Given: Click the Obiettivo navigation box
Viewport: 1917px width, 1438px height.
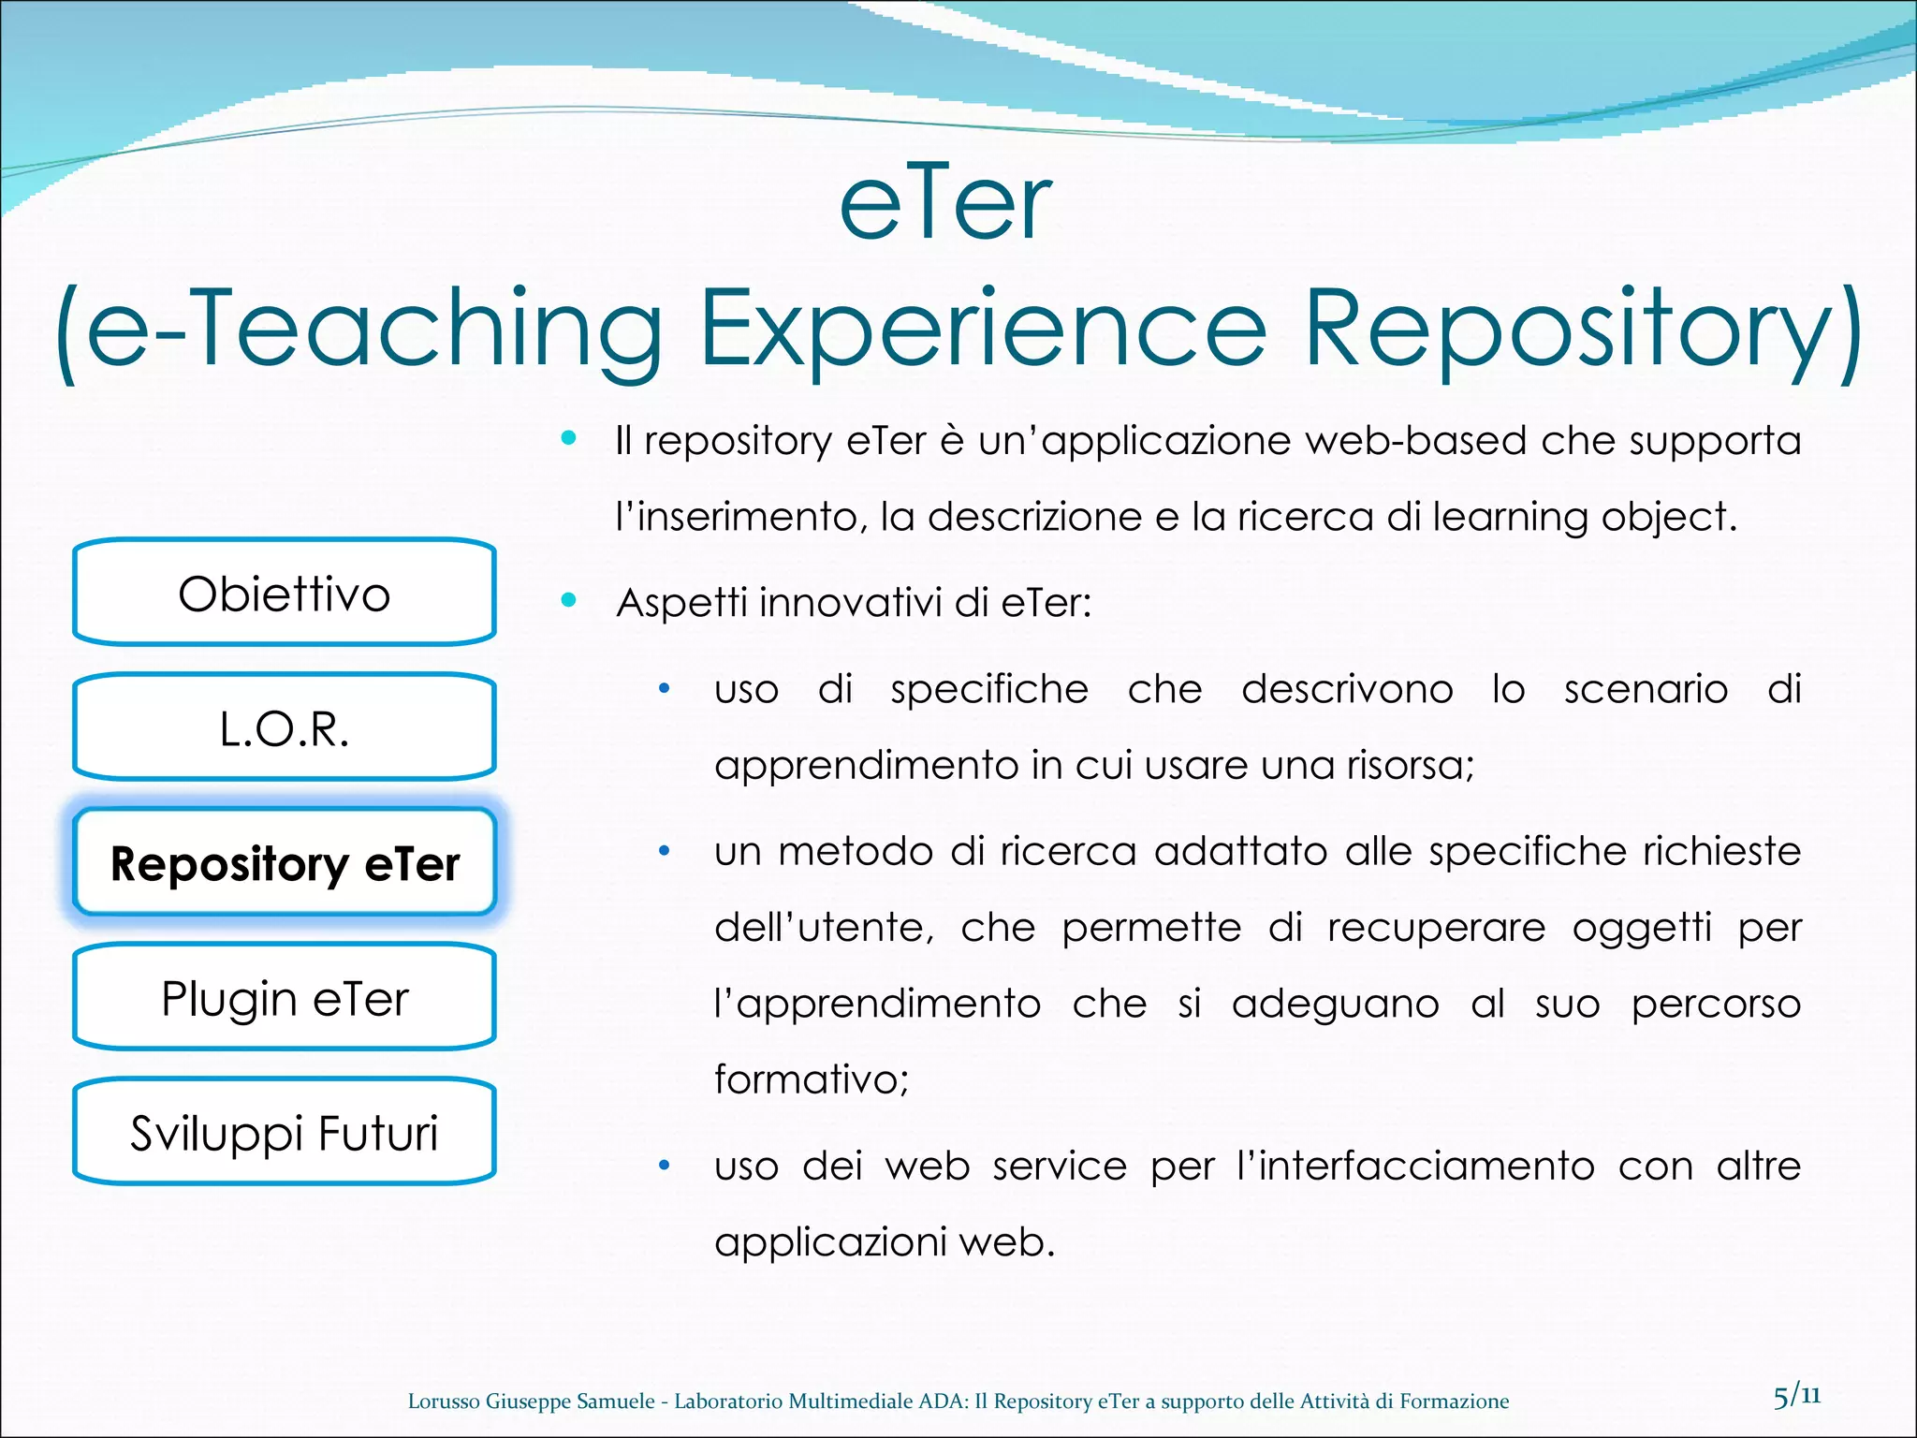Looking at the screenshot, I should click(284, 593).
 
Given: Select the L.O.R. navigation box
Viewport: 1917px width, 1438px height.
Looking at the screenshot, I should click(284, 727).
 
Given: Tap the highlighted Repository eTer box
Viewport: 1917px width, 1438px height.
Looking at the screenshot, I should click(284, 862).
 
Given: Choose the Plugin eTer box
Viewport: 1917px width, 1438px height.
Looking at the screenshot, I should click(284, 997).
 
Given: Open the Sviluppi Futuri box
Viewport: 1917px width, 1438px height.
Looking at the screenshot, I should click(284, 1132).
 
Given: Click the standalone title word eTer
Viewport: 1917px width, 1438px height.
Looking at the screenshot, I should click(945, 204).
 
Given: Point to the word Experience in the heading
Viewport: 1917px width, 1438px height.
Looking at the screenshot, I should click(983, 330).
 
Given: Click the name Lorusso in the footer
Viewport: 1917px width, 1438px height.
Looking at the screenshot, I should click(444, 1401).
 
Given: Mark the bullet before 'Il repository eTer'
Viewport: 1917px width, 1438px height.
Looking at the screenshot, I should click(568, 437).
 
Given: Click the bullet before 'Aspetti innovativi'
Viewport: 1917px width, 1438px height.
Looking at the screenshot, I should click(568, 599).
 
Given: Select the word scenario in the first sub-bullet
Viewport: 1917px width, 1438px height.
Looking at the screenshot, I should click(1646, 689).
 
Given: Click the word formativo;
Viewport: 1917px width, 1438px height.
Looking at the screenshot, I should click(812, 1079).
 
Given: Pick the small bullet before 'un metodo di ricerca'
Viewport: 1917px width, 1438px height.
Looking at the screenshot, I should click(664, 851).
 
